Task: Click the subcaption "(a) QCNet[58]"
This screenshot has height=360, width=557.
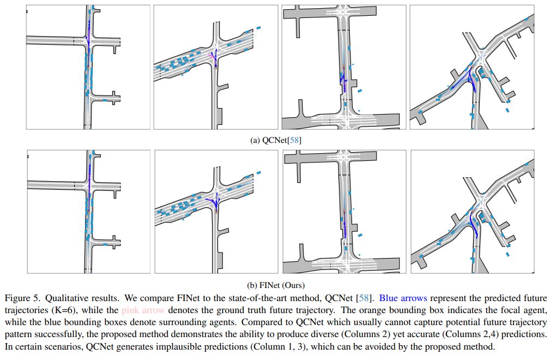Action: coord(276,140)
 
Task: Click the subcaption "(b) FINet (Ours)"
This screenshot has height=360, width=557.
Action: coord(276,285)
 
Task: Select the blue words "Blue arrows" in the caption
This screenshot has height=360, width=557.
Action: coord(403,298)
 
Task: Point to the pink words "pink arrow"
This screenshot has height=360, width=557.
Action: coord(143,310)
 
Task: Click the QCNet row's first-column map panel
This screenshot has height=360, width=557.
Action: coord(88,67)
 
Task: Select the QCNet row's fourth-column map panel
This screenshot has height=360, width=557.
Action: coord(472,67)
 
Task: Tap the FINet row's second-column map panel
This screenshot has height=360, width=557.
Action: coord(216,212)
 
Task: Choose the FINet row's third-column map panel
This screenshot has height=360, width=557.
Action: coord(344,212)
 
